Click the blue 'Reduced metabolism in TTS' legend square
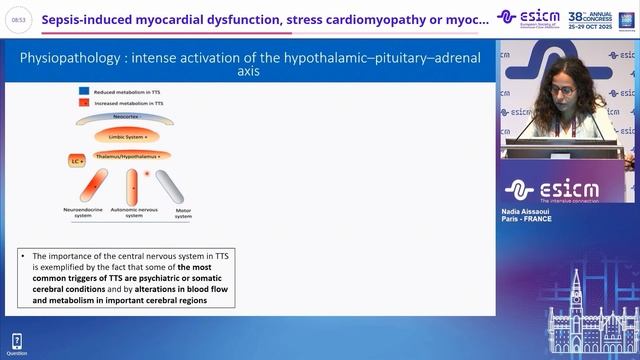tap(83, 91)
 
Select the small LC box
tap(75, 160)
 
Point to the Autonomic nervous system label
tap(131, 213)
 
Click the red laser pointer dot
tap(147, 174)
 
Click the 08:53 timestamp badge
tap(17, 19)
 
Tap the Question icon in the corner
tap(16, 346)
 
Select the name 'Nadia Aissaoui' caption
tap(527, 215)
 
